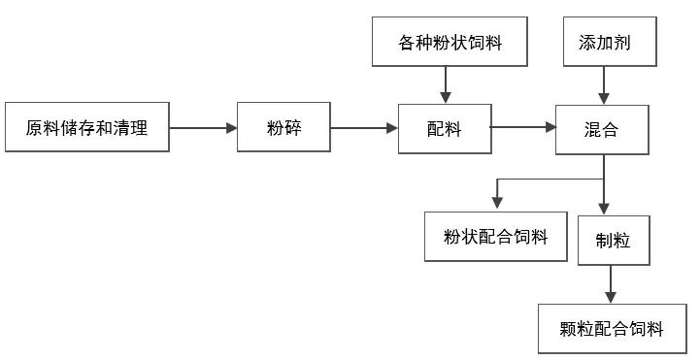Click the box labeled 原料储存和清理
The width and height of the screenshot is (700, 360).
pos(86,127)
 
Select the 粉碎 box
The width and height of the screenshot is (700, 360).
pos(283,127)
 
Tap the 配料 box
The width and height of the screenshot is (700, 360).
pos(445,128)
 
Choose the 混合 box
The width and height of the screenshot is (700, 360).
pos(602,128)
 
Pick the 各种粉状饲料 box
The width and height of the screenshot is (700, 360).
pos(450,43)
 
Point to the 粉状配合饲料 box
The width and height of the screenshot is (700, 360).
pos(495,237)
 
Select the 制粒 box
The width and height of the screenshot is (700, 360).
pos(610,241)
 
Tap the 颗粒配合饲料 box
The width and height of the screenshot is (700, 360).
pos(613,329)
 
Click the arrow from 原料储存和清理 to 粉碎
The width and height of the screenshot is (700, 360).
pos(203,127)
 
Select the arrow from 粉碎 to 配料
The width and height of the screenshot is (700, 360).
pos(364,127)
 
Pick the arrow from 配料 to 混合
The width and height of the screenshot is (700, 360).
pos(522,126)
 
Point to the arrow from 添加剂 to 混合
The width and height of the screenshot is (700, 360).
pos(603,85)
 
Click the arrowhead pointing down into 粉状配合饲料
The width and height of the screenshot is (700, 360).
pos(496,203)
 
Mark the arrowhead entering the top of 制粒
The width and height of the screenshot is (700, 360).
pos(604,209)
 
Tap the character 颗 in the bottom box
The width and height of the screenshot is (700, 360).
pos(570,330)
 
